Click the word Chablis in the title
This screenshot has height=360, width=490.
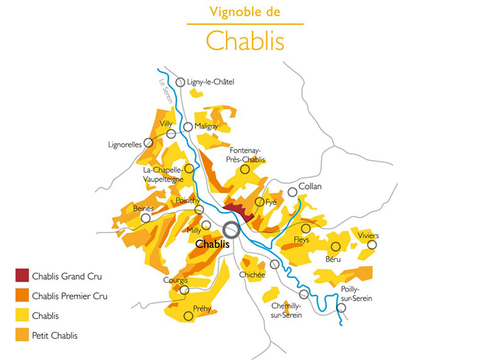245,40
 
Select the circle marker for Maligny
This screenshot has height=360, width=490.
188,127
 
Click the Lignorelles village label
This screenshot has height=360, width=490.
125,145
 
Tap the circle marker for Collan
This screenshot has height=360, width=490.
292,192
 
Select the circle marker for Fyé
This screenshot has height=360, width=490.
259,202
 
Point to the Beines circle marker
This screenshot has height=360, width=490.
146,218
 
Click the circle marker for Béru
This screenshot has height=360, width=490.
335,247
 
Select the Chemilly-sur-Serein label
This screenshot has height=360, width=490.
286,310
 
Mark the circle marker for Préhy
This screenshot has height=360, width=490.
187,316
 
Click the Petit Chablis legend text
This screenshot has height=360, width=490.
55,335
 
